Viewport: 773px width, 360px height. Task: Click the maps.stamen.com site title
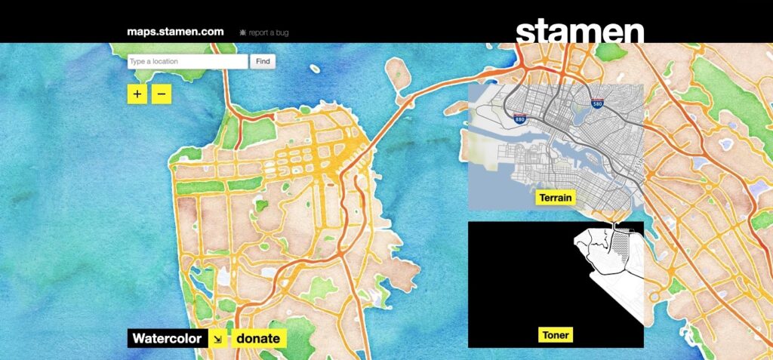(176, 32)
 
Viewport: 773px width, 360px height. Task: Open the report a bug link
(263, 32)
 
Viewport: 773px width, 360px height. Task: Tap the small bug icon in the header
(242, 32)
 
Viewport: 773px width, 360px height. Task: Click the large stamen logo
(580, 32)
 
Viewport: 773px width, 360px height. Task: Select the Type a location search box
(187, 62)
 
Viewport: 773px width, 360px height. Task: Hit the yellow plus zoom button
(137, 94)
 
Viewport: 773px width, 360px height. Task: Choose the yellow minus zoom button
(162, 94)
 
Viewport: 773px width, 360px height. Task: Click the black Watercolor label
(166, 339)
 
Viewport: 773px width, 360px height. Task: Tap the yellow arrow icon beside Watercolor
(217, 339)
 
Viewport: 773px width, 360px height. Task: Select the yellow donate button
(258, 339)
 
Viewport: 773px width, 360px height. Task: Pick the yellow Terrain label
(555, 198)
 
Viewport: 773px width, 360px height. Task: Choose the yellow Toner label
(556, 335)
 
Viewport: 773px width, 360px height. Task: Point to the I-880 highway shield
(519, 118)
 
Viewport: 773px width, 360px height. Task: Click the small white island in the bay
(398, 72)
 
